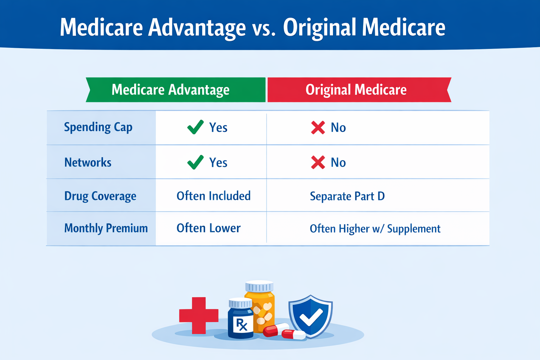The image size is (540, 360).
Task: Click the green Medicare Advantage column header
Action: coord(176,90)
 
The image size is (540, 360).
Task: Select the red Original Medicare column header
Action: coord(359,90)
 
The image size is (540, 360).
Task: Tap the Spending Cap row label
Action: coord(98,127)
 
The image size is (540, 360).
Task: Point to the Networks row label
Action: coord(88,162)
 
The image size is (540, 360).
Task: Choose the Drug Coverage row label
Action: coord(100,196)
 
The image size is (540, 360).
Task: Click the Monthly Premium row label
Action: coord(106,228)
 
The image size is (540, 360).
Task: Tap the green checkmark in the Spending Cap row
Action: coord(195,127)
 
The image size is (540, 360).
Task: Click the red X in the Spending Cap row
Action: coord(318,128)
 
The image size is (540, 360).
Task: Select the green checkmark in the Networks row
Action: coord(195,162)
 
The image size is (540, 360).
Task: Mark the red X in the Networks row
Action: coord(318,162)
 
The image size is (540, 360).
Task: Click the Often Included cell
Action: coord(214,196)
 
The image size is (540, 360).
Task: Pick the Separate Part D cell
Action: coord(347,196)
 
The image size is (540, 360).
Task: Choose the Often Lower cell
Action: coord(208,228)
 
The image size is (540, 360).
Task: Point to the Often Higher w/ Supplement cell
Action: coord(375,229)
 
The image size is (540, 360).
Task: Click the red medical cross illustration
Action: coord(199,316)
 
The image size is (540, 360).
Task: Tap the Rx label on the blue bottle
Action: coord(242,324)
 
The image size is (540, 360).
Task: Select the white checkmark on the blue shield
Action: coord(311,317)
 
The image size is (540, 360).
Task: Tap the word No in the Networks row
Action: coord(338,162)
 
